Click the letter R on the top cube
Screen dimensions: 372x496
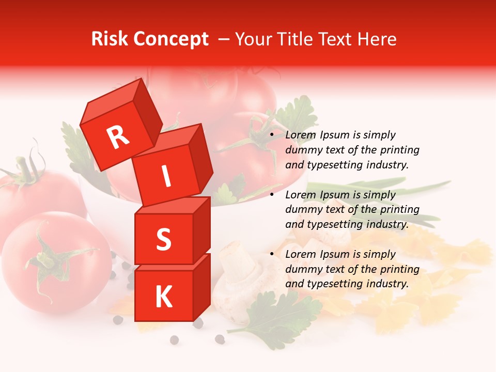[x=118, y=137]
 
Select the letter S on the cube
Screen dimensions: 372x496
[x=163, y=239]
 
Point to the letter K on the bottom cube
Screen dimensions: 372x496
[x=163, y=297]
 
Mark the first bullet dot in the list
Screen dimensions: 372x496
[x=272, y=135]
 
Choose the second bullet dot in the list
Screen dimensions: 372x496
[x=272, y=195]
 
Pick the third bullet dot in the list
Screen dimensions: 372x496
[x=272, y=255]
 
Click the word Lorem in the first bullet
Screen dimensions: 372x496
[x=300, y=135]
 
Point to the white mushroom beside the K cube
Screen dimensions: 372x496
[x=235, y=279]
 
